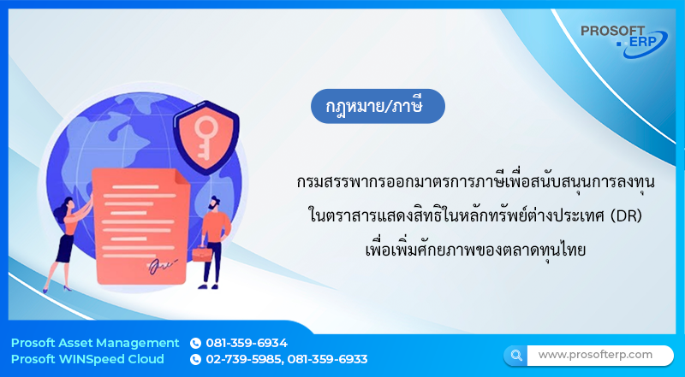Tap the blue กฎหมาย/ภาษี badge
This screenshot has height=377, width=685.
tap(378, 106)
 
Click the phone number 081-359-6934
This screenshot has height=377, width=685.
tap(247, 343)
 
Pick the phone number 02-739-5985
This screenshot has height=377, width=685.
tap(244, 359)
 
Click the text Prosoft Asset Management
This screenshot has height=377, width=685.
tap(95, 343)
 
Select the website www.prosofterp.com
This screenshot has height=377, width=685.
tap(595, 354)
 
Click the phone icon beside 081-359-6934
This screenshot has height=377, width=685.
tap(195, 343)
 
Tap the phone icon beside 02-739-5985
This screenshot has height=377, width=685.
tap(195, 359)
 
